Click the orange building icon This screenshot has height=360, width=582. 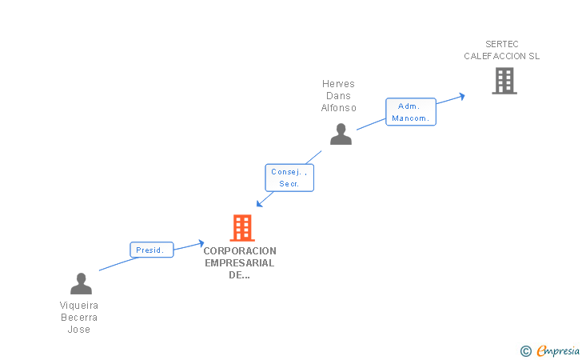pos(242,228)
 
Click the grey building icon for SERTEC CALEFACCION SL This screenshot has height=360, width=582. pos(504,81)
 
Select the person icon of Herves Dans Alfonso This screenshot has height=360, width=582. pos(341,134)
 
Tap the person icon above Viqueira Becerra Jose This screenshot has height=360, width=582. pos(81,283)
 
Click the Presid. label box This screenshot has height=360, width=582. pos(151,250)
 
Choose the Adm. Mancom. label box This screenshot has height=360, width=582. pos(411,112)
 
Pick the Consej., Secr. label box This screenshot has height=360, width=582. pos(289,178)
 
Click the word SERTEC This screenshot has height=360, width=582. pos(502,44)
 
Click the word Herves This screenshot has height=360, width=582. pos(338,83)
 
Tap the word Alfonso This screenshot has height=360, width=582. pos(338,108)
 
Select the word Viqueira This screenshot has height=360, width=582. pos(78,306)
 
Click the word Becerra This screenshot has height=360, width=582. pos(79,318)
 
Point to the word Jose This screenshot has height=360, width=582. pos(78,330)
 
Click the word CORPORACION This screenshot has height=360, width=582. pos(240,250)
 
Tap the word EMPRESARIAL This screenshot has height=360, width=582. pos(239,263)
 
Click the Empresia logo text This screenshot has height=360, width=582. pos(558,350)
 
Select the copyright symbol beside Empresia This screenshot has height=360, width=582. pos(526,351)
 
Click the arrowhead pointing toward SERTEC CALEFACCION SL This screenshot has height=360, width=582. pos(462,97)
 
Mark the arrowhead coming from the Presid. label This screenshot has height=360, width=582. pos(201,244)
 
